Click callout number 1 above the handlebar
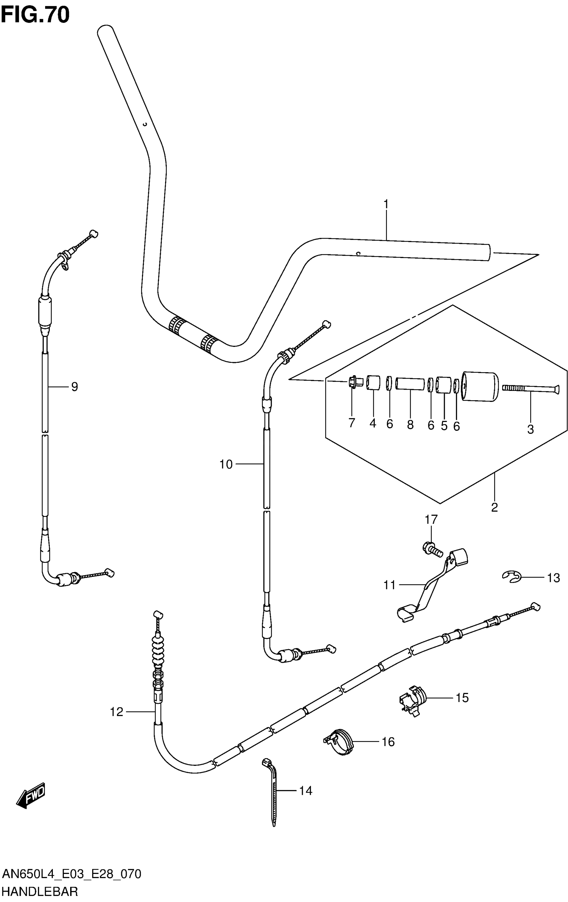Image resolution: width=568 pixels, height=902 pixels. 386,205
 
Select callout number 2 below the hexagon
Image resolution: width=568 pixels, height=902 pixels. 494,507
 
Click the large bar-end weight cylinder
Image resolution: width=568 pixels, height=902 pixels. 480,387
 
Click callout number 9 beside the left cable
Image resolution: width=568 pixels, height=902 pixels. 75,386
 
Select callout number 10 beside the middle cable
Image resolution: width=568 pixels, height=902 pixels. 226,464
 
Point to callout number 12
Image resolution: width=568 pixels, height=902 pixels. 117,712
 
